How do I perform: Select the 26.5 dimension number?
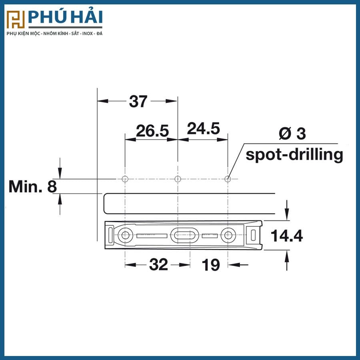click(152, 131)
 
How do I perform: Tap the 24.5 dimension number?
click(203, 129)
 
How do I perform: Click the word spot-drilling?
click(294, 154)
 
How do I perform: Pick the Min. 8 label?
click(32, 186)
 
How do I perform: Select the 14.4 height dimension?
click(287, 236)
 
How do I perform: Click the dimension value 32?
click(158, 264)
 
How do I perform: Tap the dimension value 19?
click(210, 264)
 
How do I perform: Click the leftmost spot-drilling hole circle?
click(125, 179)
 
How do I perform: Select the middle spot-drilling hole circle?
click(178, 179)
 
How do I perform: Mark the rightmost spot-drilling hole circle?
click(228, 179)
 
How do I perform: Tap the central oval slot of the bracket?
click(184, 235)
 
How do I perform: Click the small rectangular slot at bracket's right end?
click(253, 235)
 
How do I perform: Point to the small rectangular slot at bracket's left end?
click(110, 235)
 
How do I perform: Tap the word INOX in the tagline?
click(85, 34)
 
